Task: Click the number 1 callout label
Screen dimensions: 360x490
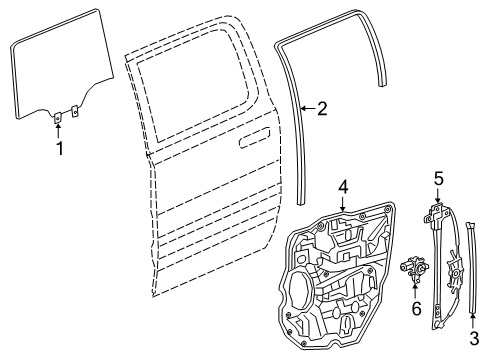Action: [58, 149]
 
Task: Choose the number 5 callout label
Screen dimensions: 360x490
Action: [437, 180]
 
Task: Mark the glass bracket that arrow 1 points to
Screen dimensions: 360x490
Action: [58, 117]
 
